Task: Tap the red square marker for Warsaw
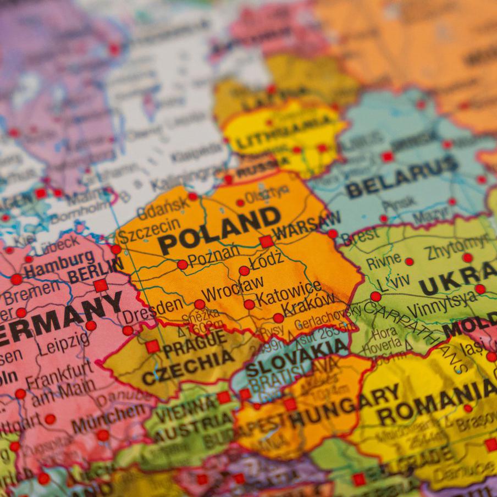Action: pyautogui.click(x=267, y=241)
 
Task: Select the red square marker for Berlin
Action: pyautogui.click(x=100, y=285)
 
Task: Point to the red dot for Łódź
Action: pyautogui.click(x=244, y=270)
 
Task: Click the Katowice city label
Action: pyautogui.click(x=289, y=294)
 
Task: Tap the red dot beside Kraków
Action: pyautogui.click(x=278, y=318)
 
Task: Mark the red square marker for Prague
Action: pyautogui.click(x=152, y=346)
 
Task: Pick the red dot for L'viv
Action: pyautogui.click(x=375, y=296)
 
